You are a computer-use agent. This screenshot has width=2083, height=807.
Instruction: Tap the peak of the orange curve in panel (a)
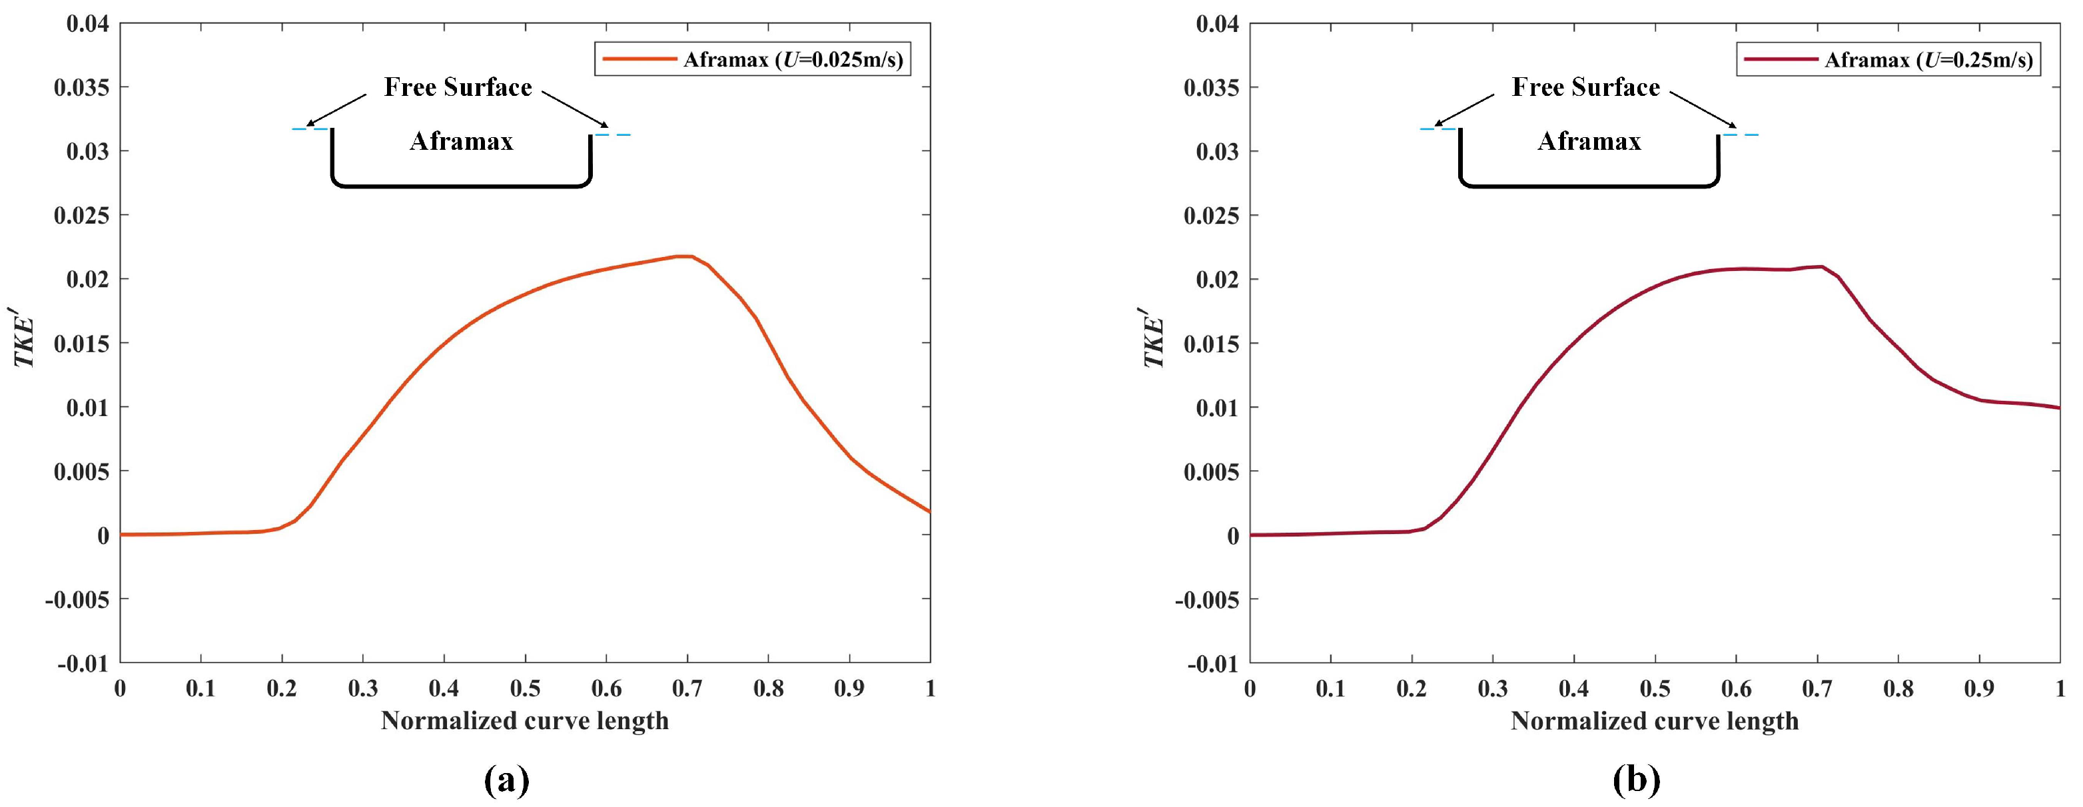[684, 256]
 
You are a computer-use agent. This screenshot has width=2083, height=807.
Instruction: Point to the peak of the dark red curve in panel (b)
[1820, 266]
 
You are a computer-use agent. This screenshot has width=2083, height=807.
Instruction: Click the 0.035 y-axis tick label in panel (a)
[81, 87]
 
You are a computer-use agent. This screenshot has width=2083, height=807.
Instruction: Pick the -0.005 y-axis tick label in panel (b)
[1206, 599]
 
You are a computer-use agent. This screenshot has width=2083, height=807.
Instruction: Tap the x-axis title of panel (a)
[525, 720]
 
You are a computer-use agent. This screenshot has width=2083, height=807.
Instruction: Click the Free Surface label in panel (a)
[458, 87]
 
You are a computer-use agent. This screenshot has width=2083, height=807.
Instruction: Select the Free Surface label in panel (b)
[1585, 87]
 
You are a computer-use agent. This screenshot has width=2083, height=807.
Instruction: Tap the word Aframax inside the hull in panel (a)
[461, 142]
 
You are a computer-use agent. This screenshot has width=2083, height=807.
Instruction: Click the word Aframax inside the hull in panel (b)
[1589, 142]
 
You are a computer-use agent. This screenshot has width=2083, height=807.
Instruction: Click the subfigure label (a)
[506, 781]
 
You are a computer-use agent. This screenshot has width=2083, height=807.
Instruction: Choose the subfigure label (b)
[1636, 781]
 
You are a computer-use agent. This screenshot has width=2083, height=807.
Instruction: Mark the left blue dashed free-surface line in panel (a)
[310, 129]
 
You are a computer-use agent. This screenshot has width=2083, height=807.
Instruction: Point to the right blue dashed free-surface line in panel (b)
[1741, 135]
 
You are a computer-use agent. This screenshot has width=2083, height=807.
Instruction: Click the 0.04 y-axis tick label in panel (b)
[1217, 23]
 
